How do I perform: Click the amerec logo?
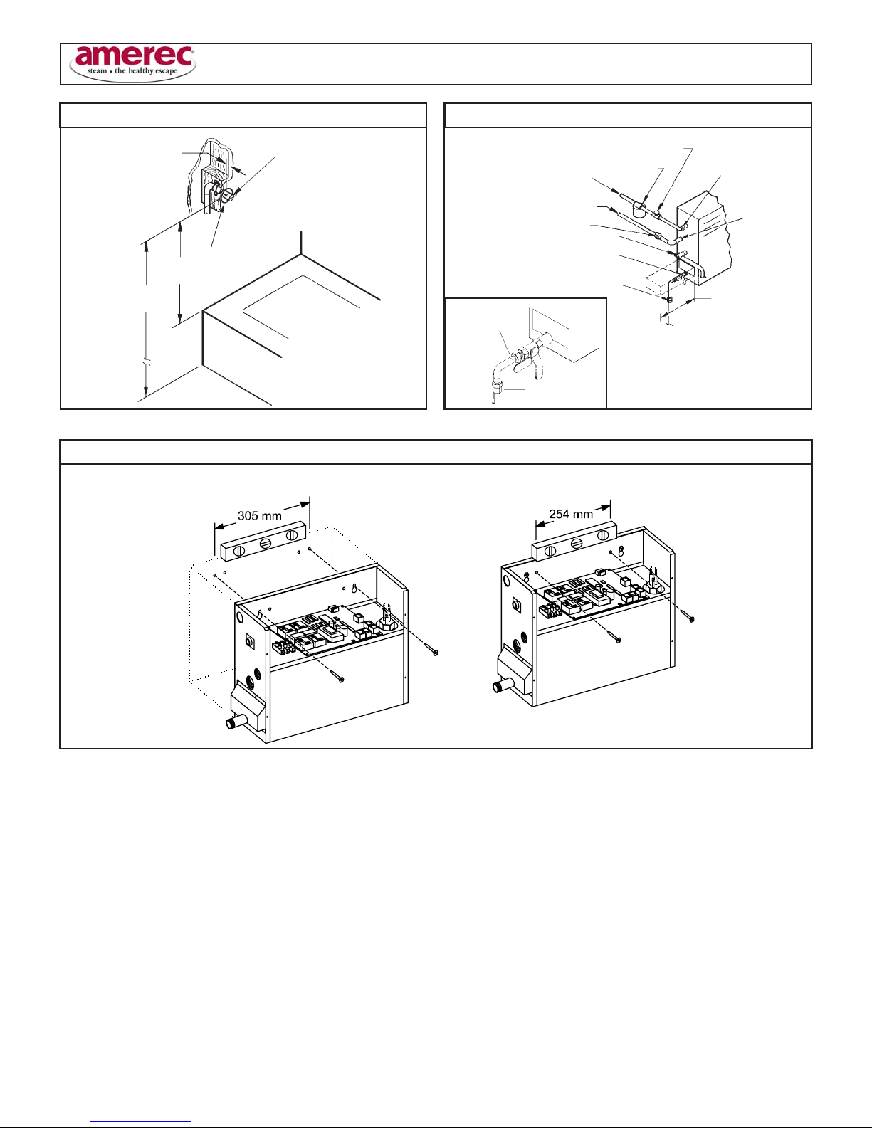point(132,63)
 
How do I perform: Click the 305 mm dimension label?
point(260,515)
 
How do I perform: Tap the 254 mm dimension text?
point(571,514)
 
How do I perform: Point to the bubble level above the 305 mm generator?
point(263,542)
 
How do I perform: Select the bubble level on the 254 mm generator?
point(574,542)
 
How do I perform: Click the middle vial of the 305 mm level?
point(266,543)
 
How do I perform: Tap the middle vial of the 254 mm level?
point(576,543)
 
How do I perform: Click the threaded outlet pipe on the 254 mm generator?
point(502,686)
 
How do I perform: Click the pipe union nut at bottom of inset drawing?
point(498,387)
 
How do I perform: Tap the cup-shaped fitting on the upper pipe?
point(639,210)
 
